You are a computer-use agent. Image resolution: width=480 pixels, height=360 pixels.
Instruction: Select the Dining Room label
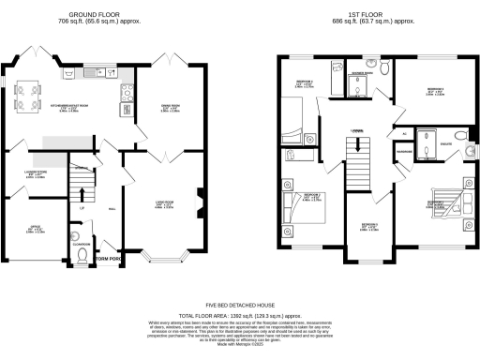point(169,107)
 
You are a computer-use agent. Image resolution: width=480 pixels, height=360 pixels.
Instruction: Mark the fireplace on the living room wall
point(202,199)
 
